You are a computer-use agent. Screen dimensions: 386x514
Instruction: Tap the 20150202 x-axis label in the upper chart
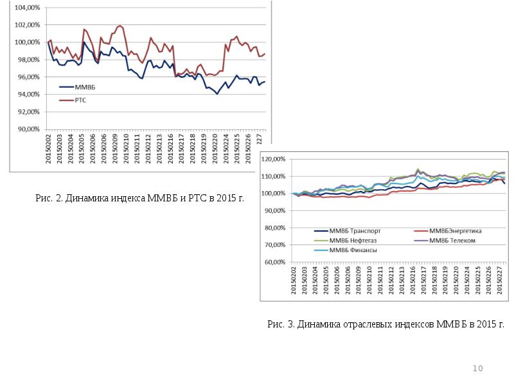(x=48, y=149)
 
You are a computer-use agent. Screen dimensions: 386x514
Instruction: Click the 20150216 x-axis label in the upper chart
(x=171, y=149)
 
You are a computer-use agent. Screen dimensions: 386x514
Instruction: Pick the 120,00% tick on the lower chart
(x=274, y=159)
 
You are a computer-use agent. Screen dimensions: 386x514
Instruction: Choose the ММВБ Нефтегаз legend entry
(x=351, y=241)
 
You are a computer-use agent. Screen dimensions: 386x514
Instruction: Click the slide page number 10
(x=477, y=368)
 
